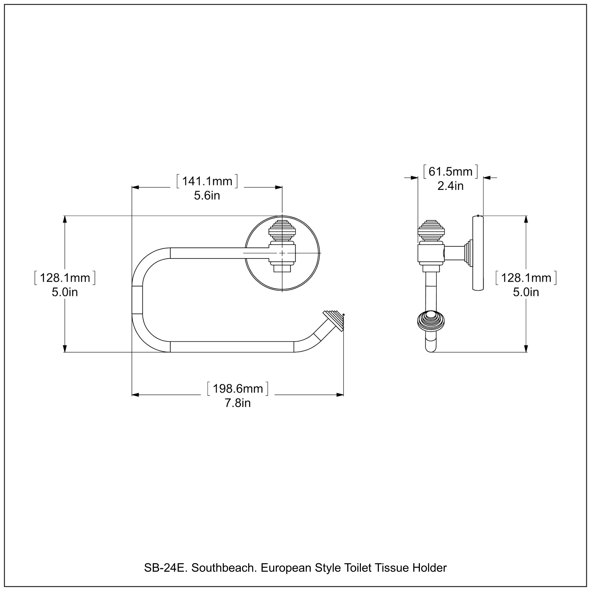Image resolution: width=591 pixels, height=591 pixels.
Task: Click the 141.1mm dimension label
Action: pos(207,181)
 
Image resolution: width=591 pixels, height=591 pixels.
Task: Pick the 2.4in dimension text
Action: pos(450,186)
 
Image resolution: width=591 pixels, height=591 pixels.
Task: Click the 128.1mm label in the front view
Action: pos(65,278)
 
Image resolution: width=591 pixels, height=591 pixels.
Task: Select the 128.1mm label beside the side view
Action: pos(526,278)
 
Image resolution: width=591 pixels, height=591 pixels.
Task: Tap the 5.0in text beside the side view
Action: pos(526,292)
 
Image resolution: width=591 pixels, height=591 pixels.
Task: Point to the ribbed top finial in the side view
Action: pos(431,231)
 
